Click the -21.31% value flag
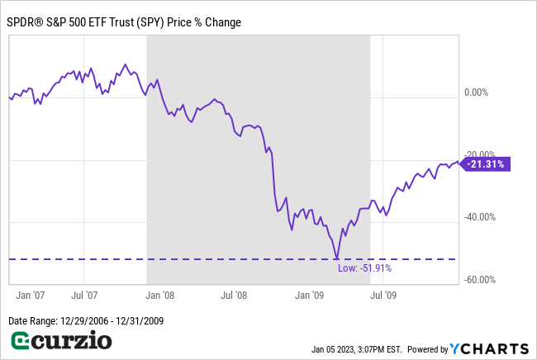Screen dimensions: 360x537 coord(486,164)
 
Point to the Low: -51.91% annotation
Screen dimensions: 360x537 coord(364,268)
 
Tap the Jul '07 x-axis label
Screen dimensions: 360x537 coord(85,294)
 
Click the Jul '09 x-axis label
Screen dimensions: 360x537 coord(383,294)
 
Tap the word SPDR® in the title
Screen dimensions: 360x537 coord(27,22)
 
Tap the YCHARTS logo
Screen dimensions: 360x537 coord(489,348)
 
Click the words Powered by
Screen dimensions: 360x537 coord(427,348)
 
